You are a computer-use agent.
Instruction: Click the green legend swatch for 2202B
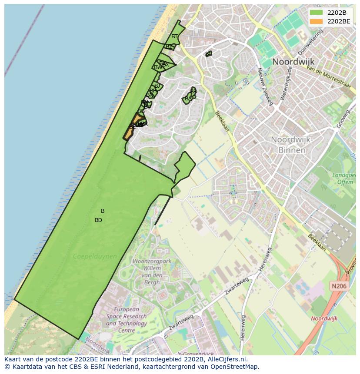pos(317,13)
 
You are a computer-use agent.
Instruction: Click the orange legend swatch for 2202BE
pos(317,21)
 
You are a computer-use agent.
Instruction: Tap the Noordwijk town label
pos(293,62)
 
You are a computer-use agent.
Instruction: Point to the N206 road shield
pos(339,286)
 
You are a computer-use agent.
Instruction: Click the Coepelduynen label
pos(95,256)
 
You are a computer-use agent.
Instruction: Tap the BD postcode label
pos(98,220)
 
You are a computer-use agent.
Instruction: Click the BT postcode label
pos(174,36)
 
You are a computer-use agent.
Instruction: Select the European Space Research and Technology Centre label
pos(126,320)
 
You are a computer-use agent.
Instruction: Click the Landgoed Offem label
pos(344,179)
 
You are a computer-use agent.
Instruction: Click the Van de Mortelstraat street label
pos(328,77)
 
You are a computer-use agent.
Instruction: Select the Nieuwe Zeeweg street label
pos(265,86)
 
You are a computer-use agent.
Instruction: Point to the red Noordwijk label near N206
pos(324,318)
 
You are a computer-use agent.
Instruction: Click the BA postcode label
pos(188,99)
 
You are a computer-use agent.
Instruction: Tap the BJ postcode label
pos(157,86)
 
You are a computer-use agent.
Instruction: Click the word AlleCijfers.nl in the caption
pos(227,359)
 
